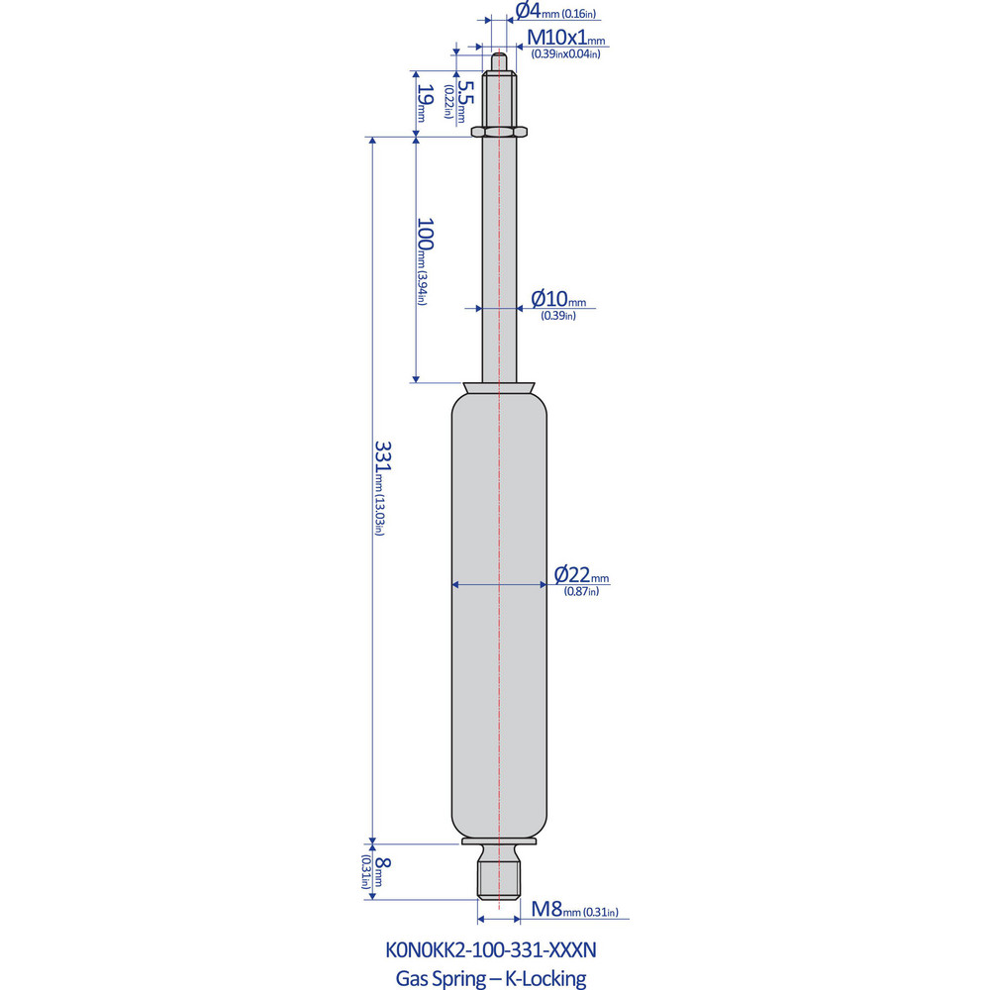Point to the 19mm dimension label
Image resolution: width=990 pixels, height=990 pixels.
(424, 101)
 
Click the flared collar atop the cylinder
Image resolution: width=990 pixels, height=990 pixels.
(500, 387)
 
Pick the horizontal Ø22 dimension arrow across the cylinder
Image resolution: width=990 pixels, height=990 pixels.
(475, 585)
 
